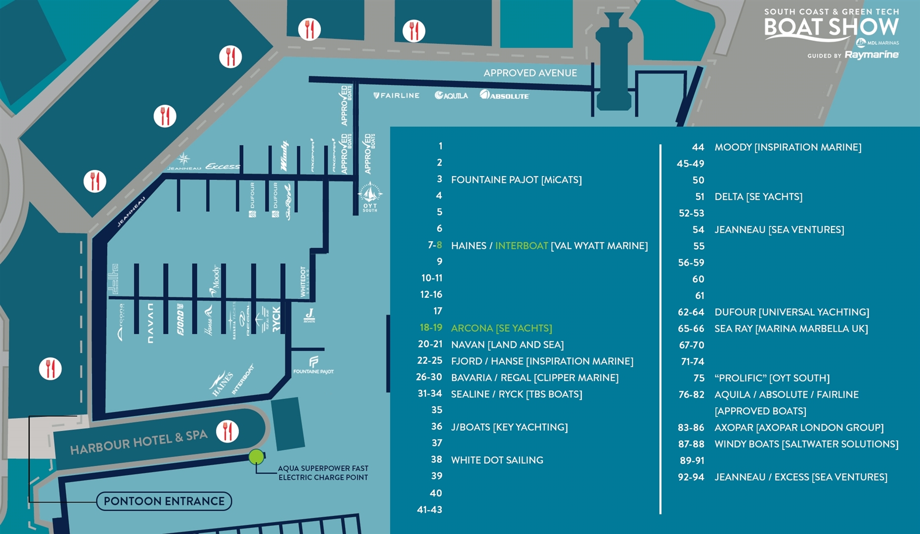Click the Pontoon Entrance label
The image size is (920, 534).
pos(164,501)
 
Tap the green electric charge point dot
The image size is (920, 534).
pos(256,457)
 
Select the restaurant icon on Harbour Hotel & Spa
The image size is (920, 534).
pos(227,431)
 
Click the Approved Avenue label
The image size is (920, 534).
pos(530,73)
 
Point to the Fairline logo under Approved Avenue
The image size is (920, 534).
pos(396,95)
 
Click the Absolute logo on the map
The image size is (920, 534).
pos(504,95)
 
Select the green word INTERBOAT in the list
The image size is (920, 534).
pos(522,246)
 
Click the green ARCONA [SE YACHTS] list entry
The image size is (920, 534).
pos(501,328)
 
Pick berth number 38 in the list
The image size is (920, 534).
pos(436,460)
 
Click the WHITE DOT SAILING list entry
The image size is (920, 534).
pos(497,460)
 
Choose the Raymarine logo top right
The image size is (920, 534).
pos(871,55)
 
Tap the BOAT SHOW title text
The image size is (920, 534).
pos(831,28)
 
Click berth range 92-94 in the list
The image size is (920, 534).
pos(691,477)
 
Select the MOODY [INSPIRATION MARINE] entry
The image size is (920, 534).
pos(788,147)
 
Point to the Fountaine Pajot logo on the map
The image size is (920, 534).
pos(313,365)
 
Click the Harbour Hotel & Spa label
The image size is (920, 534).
pos(138,442)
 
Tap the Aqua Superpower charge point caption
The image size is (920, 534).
pos(323,473)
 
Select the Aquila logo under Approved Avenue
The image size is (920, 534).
pos(451,95)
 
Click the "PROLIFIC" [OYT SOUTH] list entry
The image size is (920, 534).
pos(772,378)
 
